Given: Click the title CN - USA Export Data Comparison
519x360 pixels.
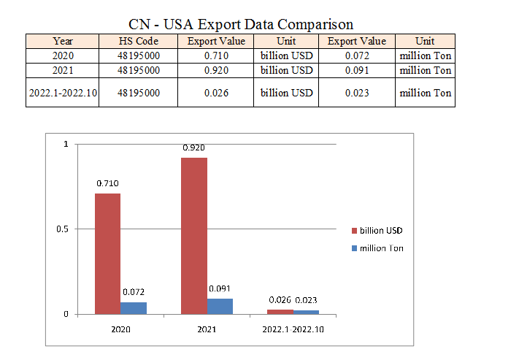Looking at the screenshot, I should pyautogui.click(x=240, y=25).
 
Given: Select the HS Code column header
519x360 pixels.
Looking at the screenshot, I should pyautogui.click(x=138, y=41).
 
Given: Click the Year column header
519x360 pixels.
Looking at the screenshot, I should pyautogui.click(x=63, y=41).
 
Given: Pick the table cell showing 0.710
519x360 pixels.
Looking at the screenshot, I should pyautogui.click(x=215, y=55).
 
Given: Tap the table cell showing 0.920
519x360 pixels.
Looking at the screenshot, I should pyautogui.click(x=215, y=70).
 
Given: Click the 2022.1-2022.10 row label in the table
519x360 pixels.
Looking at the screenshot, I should pyautogui.click(x=63, y=93).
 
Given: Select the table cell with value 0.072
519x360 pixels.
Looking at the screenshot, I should pyautogui.click(x=357, y=55).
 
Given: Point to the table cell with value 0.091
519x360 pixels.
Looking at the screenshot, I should pyautogui.click(x=357, y=70).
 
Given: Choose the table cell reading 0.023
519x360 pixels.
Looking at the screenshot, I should pyautogui.click(x=357, y=93).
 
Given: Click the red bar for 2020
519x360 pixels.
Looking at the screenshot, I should pyautogui.click(x=107, y=253).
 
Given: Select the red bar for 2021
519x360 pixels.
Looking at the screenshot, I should pyautogui.click(x=194, y=236).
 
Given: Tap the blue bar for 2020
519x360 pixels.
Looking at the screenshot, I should pyautogui.click(x=134, y=308).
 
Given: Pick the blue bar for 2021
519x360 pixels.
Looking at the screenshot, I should pyautogui.click(x=220, y=306).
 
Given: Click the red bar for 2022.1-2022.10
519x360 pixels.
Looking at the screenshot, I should pyautogui.click(x=280, y=312).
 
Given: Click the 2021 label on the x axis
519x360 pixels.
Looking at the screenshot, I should pyautogui.click(x=207, y=329).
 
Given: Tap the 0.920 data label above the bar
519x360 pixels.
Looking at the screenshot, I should pyautogui.click(x=194, y=148).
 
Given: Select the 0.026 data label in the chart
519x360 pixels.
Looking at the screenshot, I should pyautogui.click(x=280, y=300).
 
